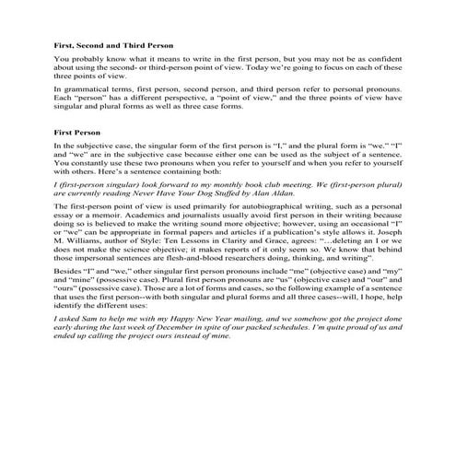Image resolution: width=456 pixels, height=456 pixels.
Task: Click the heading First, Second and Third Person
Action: coord(112,45)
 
